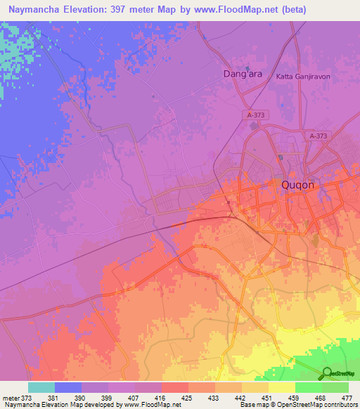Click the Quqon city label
[x=290, y=185]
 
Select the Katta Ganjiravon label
[x=303, y=77]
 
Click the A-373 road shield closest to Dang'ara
[x=257, y=115]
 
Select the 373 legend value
[x=27, y=397]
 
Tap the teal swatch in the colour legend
[x=41, y=387]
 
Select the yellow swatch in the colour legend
[x=281, y=387]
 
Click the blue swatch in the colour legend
[x=67, y=387]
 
